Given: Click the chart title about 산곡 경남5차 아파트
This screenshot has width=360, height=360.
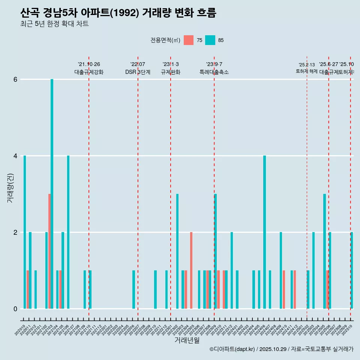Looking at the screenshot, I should click(118, 13).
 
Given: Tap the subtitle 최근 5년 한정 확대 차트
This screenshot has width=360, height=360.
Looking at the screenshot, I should click(54, 24).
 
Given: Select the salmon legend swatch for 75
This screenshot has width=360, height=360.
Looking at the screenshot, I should click(189, 40).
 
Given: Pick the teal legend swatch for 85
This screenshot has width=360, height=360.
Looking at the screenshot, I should click(210, 40).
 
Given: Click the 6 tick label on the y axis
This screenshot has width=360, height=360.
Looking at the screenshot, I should click(15, 79).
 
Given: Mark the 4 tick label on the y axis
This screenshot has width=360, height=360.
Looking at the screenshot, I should click(15, 156).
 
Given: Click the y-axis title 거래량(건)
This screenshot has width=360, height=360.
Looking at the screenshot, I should click(10, 188).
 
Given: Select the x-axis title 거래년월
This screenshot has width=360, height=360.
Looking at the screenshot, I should click(187, 340).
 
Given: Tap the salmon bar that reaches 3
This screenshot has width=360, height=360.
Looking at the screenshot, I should click(49, 251).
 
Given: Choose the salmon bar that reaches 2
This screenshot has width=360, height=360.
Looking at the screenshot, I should click(191, 270).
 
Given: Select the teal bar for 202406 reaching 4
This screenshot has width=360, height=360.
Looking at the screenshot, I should click(264, 232).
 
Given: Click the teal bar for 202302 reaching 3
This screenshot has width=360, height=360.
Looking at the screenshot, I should click(177, 251).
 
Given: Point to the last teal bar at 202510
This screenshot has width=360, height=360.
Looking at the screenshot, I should click(352, 270).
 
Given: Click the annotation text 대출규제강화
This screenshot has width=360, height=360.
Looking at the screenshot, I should click(89, 72).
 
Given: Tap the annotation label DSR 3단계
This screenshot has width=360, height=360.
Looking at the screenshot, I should click(138, 72).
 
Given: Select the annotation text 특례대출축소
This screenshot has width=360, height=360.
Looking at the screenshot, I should click(214, 72).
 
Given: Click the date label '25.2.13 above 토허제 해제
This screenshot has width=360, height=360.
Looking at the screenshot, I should click(307, 65).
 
